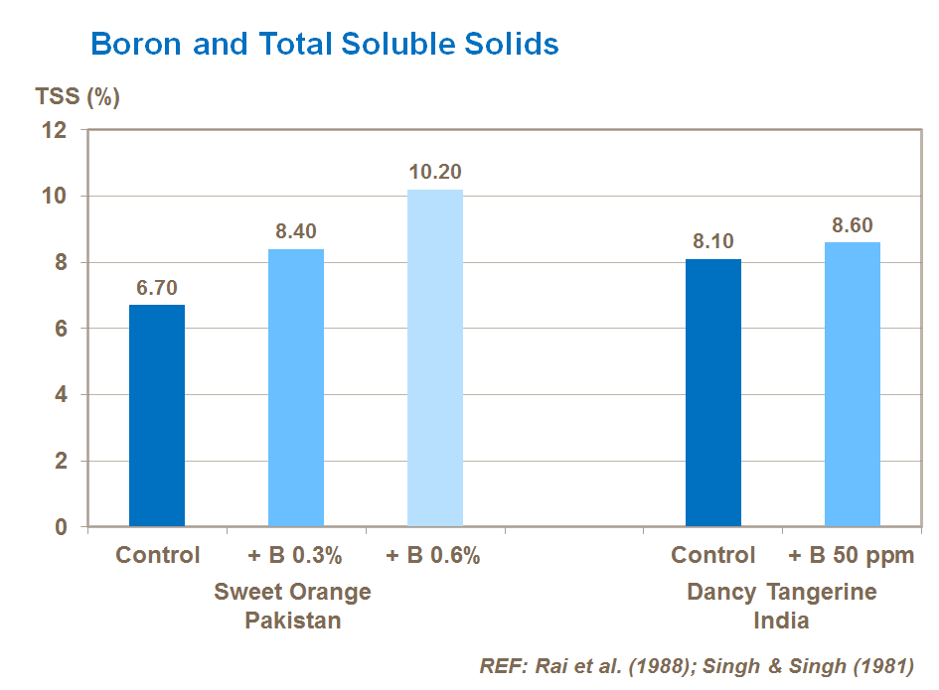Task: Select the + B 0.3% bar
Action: point(296,387)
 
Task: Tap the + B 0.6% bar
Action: point(435,357)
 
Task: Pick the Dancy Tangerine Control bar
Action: point(713,392)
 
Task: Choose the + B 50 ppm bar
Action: point(853,384)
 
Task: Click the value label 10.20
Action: point(435,172)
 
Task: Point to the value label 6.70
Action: point(157,288)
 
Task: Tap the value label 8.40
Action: point(296,232)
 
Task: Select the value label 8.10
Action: point(713,242)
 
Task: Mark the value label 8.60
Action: point(853,225)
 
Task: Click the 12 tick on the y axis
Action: point(56,130)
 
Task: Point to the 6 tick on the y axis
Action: point(61,329)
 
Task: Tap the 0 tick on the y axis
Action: point(61,527)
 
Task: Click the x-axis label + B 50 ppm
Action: point(852,555)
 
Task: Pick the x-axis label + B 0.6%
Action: point(433,555)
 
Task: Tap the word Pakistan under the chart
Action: point(292,621)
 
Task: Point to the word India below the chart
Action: point(781,621)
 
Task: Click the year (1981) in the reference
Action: point(881,665)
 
